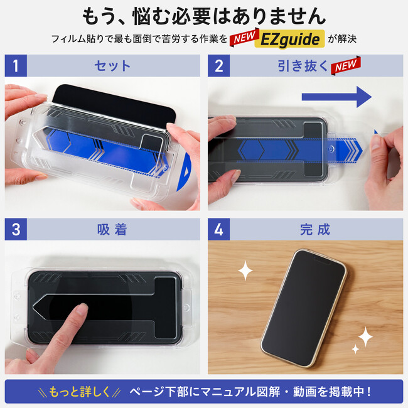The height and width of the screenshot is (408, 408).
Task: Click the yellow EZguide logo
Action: click(289, 39)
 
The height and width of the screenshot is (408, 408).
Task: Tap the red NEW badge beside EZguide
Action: click(244, 37)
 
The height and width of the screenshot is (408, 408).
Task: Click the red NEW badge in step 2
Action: click(346, 65)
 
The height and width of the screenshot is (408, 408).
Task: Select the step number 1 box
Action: click(16, 65)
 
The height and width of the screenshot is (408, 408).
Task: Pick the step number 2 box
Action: click(218, 65)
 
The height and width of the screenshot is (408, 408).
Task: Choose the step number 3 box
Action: click(16, 229)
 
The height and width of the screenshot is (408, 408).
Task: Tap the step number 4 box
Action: click(218, 229)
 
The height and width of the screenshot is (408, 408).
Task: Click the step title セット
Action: click(112, 65)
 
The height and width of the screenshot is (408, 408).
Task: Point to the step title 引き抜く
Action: click(303, 65)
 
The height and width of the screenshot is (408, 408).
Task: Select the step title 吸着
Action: click(112, 230)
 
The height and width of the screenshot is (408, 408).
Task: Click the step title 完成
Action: click(315, 230)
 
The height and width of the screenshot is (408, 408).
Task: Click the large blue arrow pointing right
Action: click(336, 97)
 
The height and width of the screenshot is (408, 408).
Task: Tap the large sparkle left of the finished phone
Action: click(245, 271)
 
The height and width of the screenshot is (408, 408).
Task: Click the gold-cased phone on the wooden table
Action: click(303, 308)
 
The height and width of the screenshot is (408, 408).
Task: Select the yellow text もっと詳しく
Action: click(79, 392)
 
